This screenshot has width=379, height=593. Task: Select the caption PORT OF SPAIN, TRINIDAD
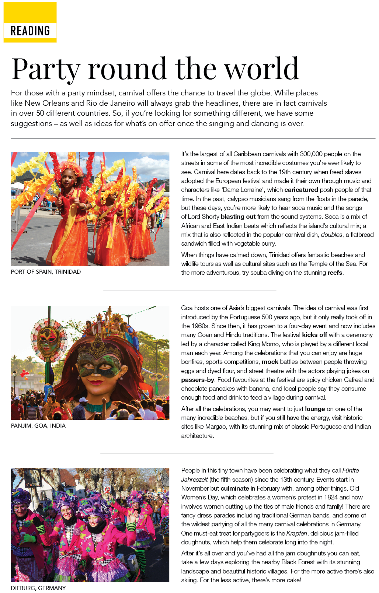(x=46, y=272)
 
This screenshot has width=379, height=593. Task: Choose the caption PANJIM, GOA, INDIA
(x=38, y=426)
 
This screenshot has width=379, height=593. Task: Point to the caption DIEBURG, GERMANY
(x=38, y=588)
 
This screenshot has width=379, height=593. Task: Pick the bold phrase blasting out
(x=238, y=217)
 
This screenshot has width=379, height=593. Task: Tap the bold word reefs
(x=335, y=273)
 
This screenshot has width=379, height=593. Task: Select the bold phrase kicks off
(x=314, y=335)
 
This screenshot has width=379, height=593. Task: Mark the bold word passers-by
(x=198, y=380)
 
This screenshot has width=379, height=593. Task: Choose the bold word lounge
(x=315, y=409)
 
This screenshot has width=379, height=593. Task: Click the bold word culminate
(x=235, y=489)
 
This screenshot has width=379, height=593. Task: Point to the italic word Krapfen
(x=296, y=534)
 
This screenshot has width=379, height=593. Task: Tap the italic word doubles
(x=331, y=235)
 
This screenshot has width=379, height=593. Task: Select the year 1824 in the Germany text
(x=331, y=498)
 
